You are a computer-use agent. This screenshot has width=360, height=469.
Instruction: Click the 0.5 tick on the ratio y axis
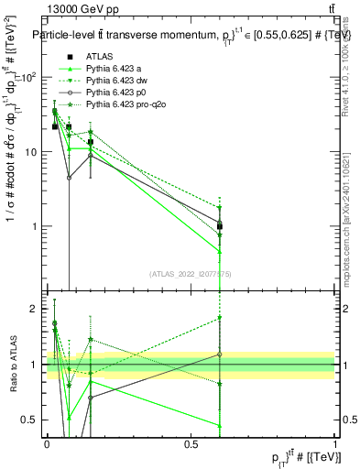tap(34, 420)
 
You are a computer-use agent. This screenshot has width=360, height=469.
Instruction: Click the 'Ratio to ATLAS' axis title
tap(13, 365)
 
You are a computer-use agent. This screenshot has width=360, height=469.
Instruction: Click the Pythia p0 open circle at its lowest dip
tap(69, 178)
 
